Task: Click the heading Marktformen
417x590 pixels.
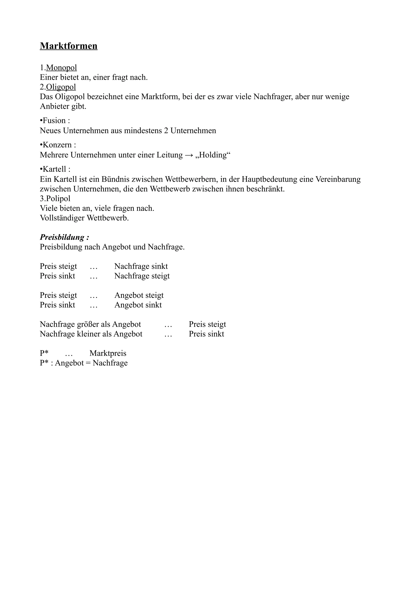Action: point(69,46)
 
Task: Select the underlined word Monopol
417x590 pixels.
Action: point(61,68)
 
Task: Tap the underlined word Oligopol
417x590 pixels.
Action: point(61,87)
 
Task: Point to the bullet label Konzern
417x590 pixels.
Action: point(57,145)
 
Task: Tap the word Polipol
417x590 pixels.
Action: point(58,199)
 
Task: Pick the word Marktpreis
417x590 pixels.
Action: point(108,353)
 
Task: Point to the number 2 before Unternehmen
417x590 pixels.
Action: point(166,131)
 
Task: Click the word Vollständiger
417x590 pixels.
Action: point(62,218)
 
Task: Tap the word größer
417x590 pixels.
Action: point(88,324)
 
